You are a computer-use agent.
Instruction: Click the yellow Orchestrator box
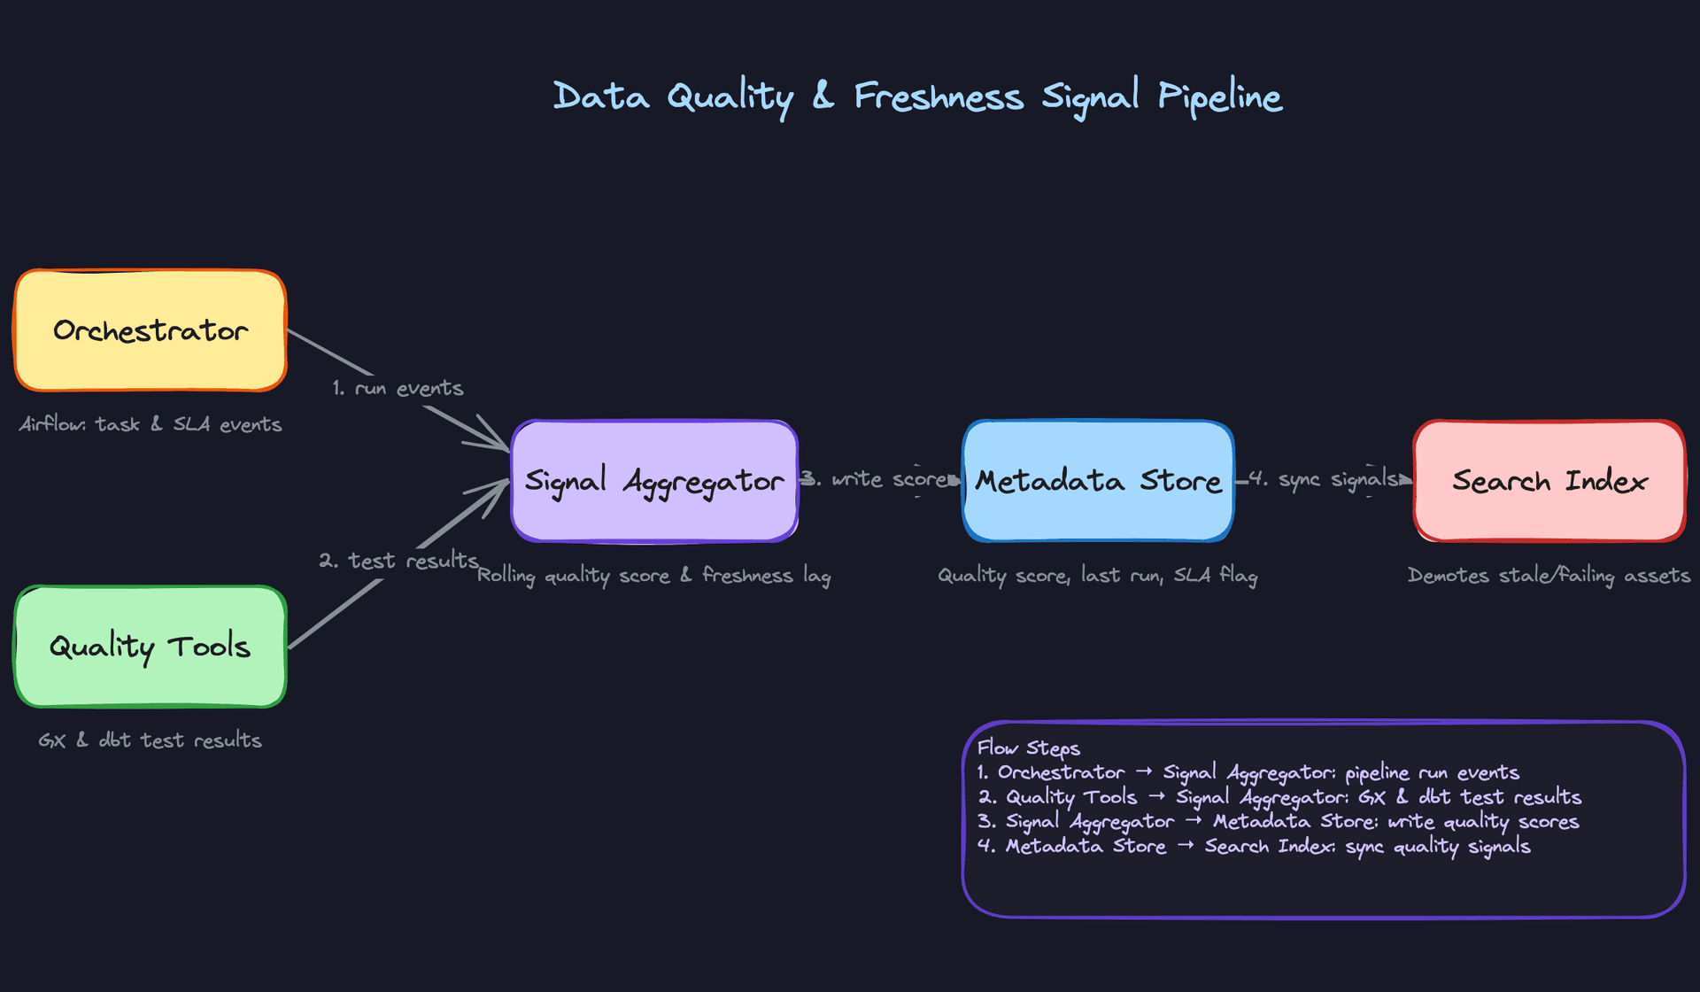tap(150, 330)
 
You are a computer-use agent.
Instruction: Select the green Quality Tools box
tap(150, 647)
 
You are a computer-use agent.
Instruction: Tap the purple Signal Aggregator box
tap(654, 481)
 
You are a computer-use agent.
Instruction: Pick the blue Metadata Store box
tap(1098, 481)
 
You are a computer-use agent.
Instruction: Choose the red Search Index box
tap(1549, 481)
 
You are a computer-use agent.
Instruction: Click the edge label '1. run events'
tap(398, 389)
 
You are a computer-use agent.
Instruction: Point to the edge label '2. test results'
tap(398, 561)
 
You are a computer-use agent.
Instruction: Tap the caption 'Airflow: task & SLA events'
tap(151, 424)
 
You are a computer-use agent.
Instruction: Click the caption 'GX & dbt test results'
tap(150, 740)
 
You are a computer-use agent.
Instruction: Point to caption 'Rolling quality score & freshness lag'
tap(654, 576)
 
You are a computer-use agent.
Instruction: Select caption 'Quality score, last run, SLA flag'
tap(1098, 576)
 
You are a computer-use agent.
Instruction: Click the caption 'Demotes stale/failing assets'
tap(1549, 576)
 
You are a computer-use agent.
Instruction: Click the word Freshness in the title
tap(939, 97)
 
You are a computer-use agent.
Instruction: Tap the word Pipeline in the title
tap(1220, 97)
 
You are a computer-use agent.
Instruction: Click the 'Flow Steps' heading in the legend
tap(1029, 748)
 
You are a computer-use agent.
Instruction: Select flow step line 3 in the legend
tap(1279, 822)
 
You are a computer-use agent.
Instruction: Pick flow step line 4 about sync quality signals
tap(1254, 847)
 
